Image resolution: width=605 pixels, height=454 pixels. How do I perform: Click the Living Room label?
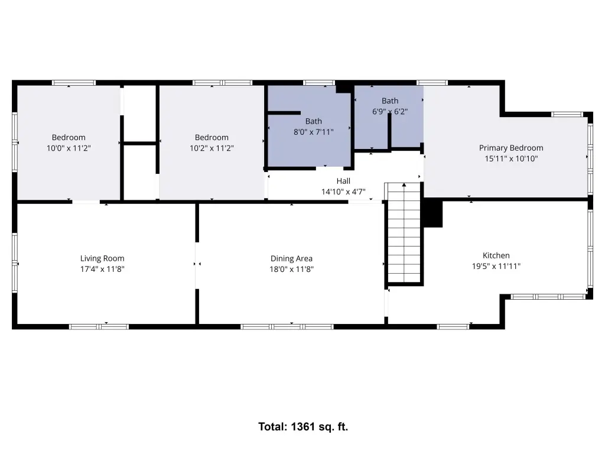tap(102, 258)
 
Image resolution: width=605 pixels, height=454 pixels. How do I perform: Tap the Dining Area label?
tap(291, 258)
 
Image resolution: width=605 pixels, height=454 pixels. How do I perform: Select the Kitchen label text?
tap(496, 255)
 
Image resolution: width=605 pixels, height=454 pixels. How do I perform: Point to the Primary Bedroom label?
tap(511, 148)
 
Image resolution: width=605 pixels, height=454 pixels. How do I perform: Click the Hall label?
tap(343, 181)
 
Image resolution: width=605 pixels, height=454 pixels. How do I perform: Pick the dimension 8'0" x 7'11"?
tap(313, 132)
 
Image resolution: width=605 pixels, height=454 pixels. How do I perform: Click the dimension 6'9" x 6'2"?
tap(390, 112)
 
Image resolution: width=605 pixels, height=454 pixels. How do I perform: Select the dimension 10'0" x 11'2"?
tap(69, 148)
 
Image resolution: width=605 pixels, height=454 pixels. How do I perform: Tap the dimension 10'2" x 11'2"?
tap(212, 148)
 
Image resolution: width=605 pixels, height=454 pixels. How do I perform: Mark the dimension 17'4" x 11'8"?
tap(102, 269)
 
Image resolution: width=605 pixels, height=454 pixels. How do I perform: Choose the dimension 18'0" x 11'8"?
tap(291, 269)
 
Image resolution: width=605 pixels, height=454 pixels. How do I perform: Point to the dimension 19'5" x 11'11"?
tap(496, 266)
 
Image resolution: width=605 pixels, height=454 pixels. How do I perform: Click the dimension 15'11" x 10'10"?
tap(511, 158)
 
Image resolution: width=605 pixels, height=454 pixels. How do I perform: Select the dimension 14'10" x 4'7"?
tap(343, 192)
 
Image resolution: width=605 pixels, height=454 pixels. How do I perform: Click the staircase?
tap(404, 233)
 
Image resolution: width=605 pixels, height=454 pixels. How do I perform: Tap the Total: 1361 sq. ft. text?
tap(303, 427)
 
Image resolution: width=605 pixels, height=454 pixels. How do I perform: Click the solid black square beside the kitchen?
tap(433, 213)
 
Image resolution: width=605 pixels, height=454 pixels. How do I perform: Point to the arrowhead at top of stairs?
tap(404, 185)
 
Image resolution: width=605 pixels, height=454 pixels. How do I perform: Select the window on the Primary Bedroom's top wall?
tap(567, 114)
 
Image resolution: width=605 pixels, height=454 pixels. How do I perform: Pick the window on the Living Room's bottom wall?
tap(99, 327)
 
